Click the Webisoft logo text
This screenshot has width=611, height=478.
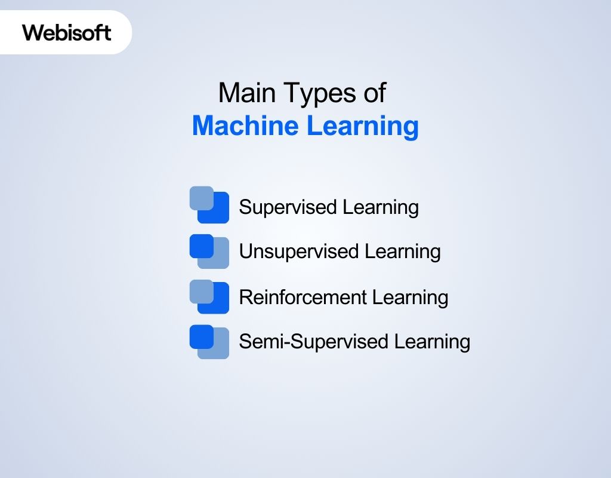click(x=67, y=32)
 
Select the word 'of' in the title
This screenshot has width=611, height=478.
click(x=374, y=93)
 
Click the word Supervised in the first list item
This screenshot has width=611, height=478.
click(x=288, y=207)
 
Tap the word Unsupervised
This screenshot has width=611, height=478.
click(x=299, y=252)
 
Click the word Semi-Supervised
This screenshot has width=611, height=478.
click(x=314, y=342)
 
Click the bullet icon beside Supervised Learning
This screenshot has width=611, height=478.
click(x=209, y=205)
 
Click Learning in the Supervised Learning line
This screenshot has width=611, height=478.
click(x=381, y=207)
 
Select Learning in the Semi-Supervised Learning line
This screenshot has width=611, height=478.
click(x=432, y=342)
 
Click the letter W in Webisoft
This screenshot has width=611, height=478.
click(x=32, y=32)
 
